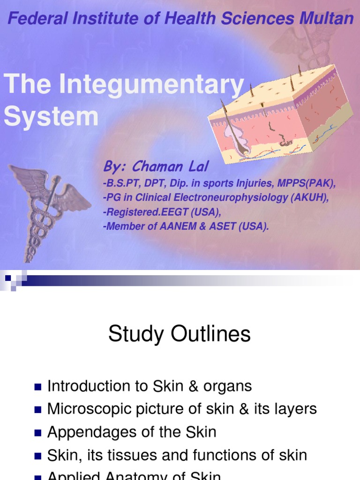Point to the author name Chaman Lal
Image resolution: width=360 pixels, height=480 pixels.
pyautogui.click(x=170, y=166)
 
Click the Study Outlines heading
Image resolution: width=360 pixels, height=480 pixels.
pyautogui.click(x=180, y=335)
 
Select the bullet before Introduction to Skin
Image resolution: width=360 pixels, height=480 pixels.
pyautogui.click(x=38, y=387)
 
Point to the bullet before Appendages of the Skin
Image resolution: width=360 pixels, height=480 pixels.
pyautogui.click(x=38, y=432)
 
